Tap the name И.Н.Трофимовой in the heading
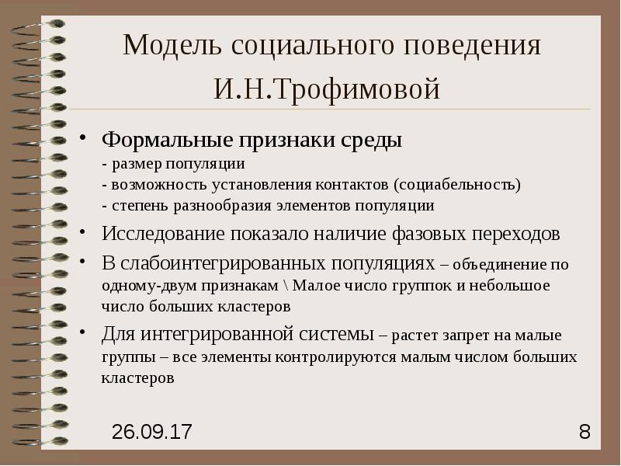point(328,89)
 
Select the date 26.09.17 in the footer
point(152,432)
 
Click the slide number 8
point(585,432)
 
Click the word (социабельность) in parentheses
point(457,186)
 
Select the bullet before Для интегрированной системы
point(84,335)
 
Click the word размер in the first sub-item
point(133,165)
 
